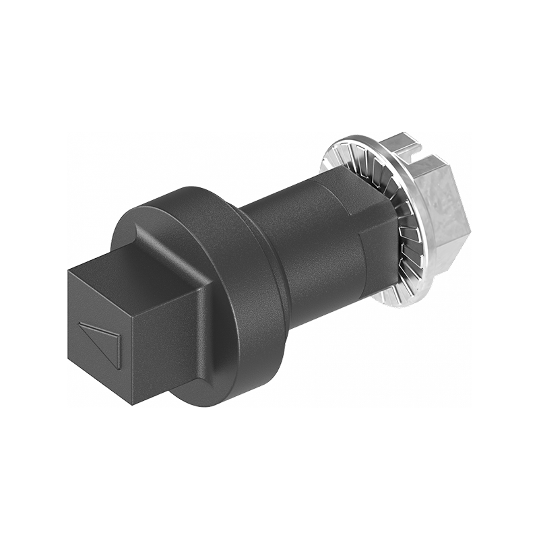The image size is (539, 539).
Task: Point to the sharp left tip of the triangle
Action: (x=80, y=324)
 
